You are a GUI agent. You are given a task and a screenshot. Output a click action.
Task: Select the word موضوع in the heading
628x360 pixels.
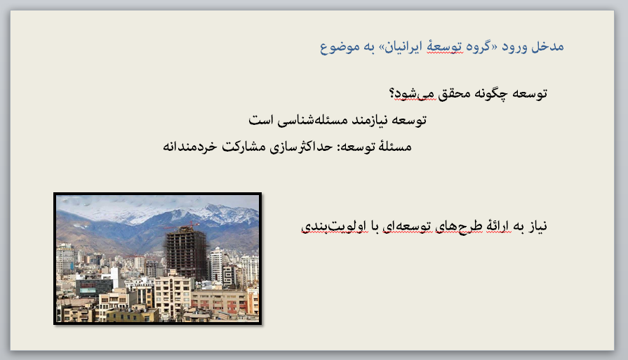click(335, 48)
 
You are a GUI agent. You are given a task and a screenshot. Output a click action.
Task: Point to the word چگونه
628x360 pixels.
click(491, 94)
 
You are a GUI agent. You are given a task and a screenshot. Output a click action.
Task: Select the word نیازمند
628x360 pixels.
click(369, 120)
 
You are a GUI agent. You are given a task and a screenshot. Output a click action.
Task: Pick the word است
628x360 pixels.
click(261, 120)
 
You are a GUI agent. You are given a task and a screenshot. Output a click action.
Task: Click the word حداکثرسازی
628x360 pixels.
click(301, 147)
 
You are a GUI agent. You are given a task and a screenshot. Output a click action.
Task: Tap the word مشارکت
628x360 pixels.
click(244, 147)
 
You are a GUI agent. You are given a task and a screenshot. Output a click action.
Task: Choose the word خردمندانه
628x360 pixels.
click(190, 147)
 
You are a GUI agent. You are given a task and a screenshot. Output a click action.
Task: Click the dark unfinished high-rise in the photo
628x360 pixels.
click(186, 253)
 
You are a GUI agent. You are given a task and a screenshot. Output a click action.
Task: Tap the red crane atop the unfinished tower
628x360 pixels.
click(182, 225)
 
